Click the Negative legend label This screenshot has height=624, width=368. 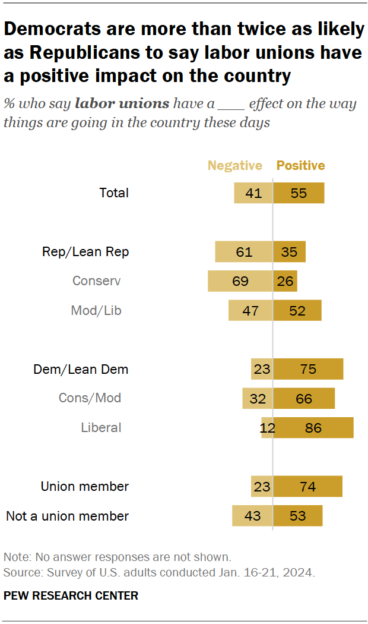(x=234, y=166)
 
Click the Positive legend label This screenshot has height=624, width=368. (x=301, y=166)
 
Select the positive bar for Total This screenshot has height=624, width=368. (x=299, y=193)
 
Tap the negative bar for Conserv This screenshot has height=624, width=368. (x=240, y=281)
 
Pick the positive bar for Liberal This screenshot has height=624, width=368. (x=313, y=428)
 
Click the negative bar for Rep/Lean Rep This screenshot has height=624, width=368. (x=243, y=252)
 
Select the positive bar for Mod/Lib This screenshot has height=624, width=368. (x=297, y=310)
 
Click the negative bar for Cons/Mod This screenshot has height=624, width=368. (x=257, y=398)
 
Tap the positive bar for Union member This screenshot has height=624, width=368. (x=307, y=487)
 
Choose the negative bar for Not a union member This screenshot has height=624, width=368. (x=252, y=516)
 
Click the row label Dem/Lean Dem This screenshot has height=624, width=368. (x=81, y=370)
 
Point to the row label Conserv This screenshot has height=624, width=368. (x=96, y=281)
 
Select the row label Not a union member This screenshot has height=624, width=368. (x=67, y=516)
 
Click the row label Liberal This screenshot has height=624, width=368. (x=101, y=428)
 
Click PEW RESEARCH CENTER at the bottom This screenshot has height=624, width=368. (x=71, y=595)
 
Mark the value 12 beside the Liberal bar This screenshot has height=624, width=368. (x=267, y=428)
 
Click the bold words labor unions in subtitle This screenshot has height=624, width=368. (x=121, y=104)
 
